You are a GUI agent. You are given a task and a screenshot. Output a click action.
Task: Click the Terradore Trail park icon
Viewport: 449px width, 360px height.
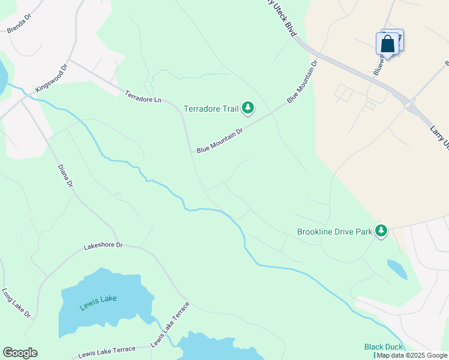pyautogui.click(x=248, y=108)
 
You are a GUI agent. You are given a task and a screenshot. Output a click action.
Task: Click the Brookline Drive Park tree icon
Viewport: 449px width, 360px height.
pyautogui.click(x=381, y=230)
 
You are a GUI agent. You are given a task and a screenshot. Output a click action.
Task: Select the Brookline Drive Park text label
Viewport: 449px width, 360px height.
pyautogui.click(x=334, y=231)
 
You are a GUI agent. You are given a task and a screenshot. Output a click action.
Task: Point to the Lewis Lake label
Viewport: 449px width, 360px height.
pyautogui.click(x=98, y=300)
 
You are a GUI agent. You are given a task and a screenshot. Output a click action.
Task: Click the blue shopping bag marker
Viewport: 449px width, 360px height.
pyautogui.click(x=387, y=44)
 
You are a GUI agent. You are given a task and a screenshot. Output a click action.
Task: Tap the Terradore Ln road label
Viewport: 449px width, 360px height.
pyautogui.click(x=143, y=96)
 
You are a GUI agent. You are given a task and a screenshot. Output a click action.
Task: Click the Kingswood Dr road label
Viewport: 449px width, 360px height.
pyautogui.click(x=52, y=79)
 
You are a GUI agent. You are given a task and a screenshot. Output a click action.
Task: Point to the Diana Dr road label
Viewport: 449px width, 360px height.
pyautogui.click(x=65, y=175)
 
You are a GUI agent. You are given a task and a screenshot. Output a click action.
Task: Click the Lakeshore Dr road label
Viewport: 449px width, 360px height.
pyautogui.click(x=103, y=245)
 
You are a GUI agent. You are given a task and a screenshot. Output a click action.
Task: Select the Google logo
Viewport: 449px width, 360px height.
pyautogui.click(x=20, y=353)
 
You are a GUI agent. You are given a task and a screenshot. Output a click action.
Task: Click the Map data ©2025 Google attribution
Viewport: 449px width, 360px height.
pyautogui.click(x=412, y=355)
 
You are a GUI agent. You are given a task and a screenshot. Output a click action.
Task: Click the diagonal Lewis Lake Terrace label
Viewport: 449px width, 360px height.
pyautogui.click(x=170, y=324)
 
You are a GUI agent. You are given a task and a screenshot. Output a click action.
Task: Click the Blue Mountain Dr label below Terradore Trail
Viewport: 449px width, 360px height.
pyautogui.click(x=219, y=140)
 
